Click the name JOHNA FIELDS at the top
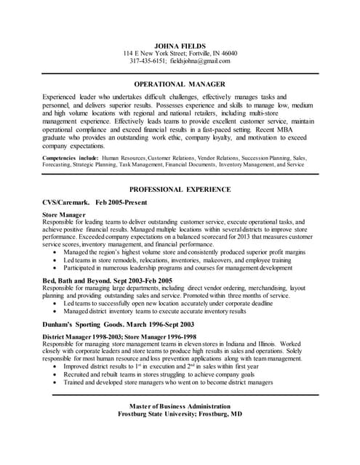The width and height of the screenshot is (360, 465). tap(180, 45)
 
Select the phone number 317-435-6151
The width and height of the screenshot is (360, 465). tap(148, 61)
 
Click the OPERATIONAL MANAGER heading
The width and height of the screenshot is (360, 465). tap(180, 84)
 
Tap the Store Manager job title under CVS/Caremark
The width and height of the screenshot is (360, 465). tap(65, 215)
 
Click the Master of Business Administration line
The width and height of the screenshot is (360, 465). tap(180, 405)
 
